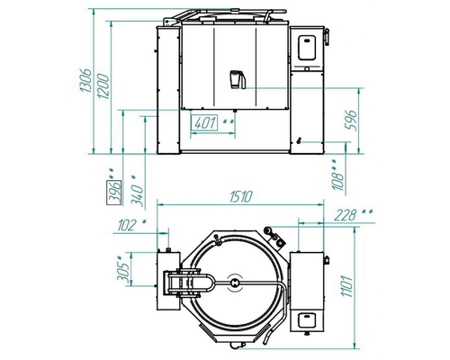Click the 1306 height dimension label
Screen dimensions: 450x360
pyautogui.click(x=85, y=80)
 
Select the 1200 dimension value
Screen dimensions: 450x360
pyautogui.click(x=103, y=86)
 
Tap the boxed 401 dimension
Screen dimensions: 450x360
pyautogui.click(x=205, y=122)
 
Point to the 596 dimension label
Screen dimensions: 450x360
pyautogui.click(x=350, y=121)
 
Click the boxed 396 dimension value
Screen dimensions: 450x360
pyautogui.click(x=114, y=193)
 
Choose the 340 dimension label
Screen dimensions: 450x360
pyautogui.click(x=137, y=195)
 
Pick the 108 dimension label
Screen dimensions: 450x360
pyautogui.click(x=337, y=181)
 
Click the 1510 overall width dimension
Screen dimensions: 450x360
pyautogui.click(x=241, y=197)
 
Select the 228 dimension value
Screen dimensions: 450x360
pyautogui.click(x=345, y=215)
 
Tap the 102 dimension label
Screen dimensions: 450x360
pyautogui.click(x=127, y=225)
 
